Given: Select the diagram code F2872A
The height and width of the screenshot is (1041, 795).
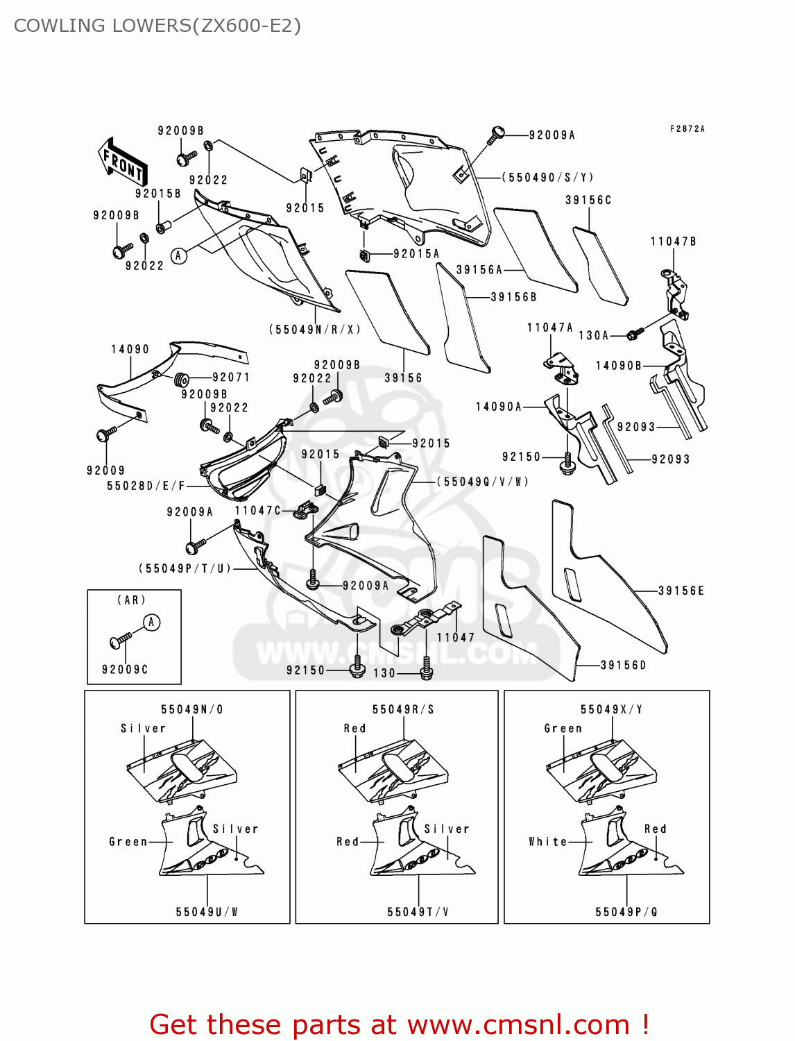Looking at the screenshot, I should click(x=687, y=129).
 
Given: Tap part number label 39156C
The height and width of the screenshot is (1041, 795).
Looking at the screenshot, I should click(x=588, y=200).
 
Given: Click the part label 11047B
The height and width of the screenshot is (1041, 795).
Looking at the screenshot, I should click(x=673, y=242).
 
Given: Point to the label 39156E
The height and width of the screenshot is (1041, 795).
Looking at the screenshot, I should click(x=681, y=591).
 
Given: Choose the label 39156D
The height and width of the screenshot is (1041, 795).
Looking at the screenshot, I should click(x=623, y=665).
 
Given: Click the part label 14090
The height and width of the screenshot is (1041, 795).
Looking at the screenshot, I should click(x=130, y=349).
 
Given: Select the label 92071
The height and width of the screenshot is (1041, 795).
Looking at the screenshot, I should click(x=231, y=377).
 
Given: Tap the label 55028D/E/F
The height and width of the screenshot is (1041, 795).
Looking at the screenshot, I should click(x=146, y=486).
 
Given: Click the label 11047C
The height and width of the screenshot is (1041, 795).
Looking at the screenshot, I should click(x=258, y=510).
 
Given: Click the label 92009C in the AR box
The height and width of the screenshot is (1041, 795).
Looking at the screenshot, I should click(x=125, y=669).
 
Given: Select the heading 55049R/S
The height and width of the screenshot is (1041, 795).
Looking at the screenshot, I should click(x=403, y=709).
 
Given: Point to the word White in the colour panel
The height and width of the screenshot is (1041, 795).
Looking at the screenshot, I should click(x=547, y=841).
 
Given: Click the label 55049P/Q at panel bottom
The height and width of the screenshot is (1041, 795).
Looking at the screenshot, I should click(x=626, y=912).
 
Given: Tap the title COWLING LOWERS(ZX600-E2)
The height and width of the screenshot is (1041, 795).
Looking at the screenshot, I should click(x=157, y=26).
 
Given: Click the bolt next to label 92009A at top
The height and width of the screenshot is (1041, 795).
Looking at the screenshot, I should click(x=496, y=134).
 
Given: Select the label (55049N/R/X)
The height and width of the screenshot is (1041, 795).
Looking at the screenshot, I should click(x=315, y=330).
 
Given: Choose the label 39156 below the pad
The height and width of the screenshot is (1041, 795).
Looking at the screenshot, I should click(x=403, y=378).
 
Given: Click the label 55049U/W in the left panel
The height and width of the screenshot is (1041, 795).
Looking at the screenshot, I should click(x=207, y=912).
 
